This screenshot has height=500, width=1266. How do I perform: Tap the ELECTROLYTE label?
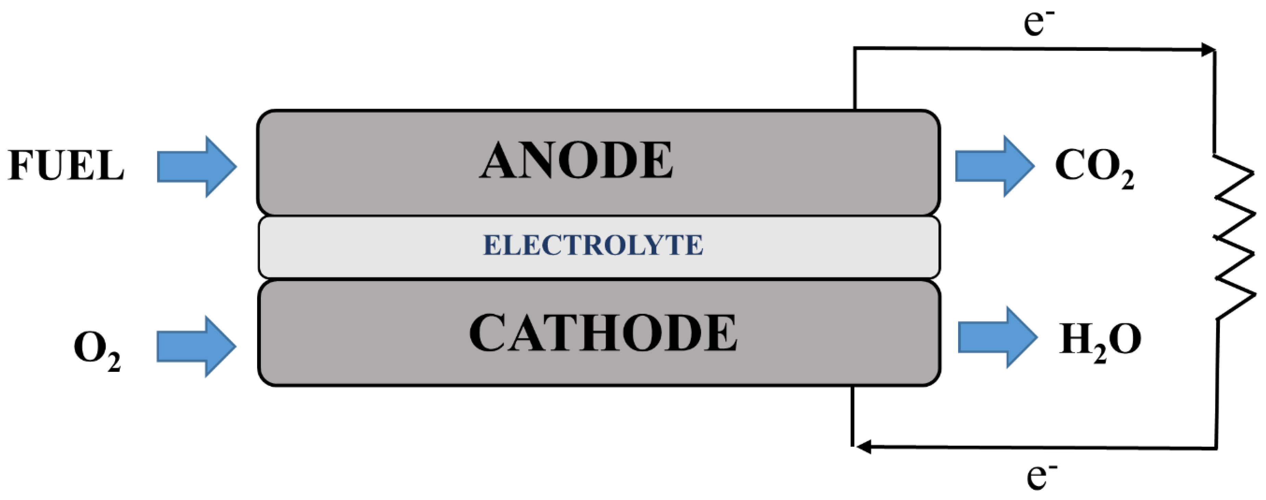click(593, 245)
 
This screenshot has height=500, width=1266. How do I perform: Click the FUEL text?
click(66, 165)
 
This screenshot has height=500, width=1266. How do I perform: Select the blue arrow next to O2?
click(197, 346)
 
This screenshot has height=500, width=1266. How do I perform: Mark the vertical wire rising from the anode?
click(855, 79)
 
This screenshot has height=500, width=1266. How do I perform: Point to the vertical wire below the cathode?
click(852, 415)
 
